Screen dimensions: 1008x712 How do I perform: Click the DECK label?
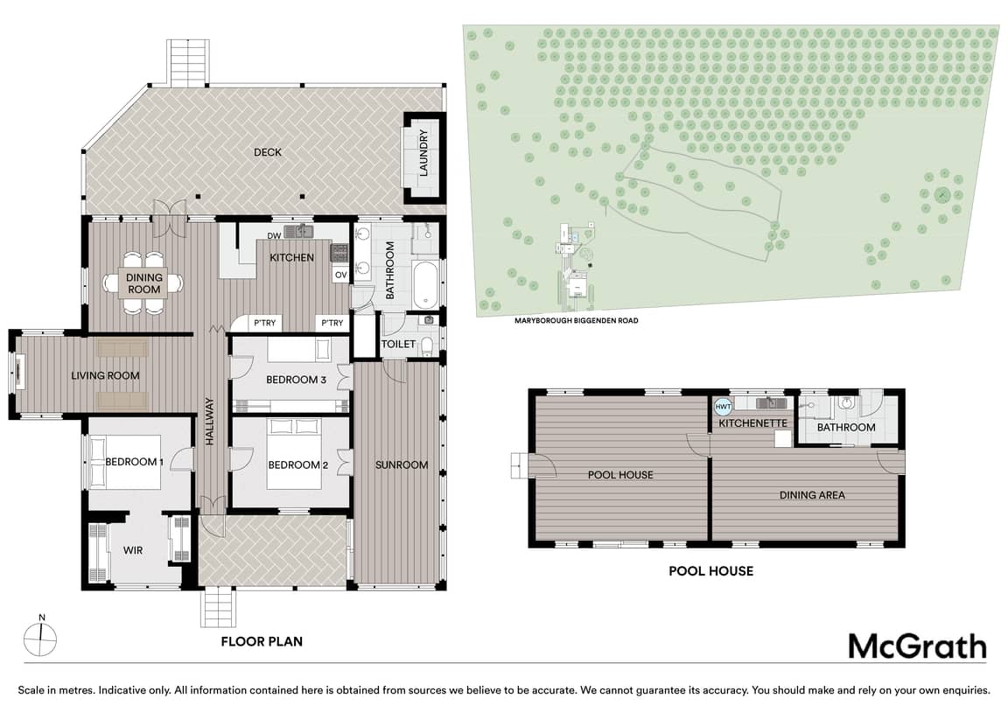pyautogui.click(x=268, y=152)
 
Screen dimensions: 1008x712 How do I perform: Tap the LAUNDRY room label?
pyautogui.click(x=423, y=153)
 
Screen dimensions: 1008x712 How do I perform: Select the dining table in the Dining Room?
pyautogui.click(x=143, y=283)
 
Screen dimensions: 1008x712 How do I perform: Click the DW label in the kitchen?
pyautogui.click(x=275, y=236)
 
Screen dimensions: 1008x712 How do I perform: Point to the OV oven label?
pyautogui.click(x=340, y=275)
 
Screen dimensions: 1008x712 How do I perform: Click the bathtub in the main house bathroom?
pyautogui.click(x=425, y=284)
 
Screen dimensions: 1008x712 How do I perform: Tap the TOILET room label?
pyautogui.click(x=399, y=344)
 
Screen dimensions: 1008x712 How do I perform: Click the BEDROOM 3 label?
pyautogui.click(x=297, y=380)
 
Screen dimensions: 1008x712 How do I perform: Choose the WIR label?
pyautogui.click(x=133, y=550)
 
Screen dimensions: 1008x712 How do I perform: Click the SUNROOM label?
pyautogui.click(x=402, y=464)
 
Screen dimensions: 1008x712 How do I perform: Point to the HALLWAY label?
pyautogui.click(x=210, y=421)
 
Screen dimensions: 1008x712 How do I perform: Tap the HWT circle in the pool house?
pyautogui.click(x=724, y=407)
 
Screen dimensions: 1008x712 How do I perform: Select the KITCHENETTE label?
pyautogui.click(x=752, y=423)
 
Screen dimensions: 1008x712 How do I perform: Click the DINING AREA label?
pyautogui.click(x=812, y=495)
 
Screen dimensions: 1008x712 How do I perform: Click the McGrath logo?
pyautogui.click(x=917, y=646)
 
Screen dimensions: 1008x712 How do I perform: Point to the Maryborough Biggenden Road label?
pyautogui.click(x=576, y=321)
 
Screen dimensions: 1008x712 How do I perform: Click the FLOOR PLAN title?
pyautogui.click(x=262, y=641)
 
